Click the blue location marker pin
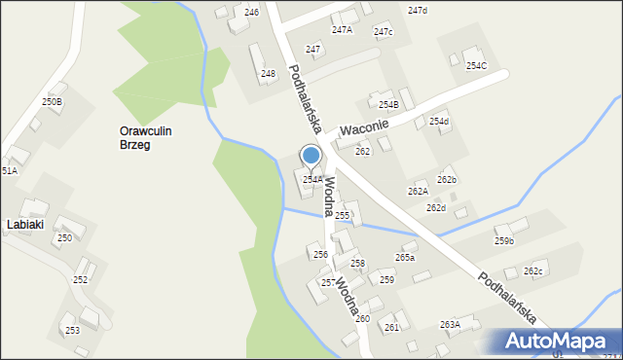[311, 156]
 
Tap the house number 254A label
[312, 180]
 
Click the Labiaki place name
[24, 224]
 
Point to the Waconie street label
[364, 127]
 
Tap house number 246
[251, 12]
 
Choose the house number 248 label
[268, 73]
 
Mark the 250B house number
[52, 101]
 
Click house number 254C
[476, 66]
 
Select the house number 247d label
[418, 11]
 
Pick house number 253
[72, 331]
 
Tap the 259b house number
[504, 241]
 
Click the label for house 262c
[532, 271]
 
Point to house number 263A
[450, 325]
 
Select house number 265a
[405, 258]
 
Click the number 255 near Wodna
[343, 215]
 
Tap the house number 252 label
[80, 280]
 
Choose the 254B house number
[388, 105]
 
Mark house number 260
[362, 319]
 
